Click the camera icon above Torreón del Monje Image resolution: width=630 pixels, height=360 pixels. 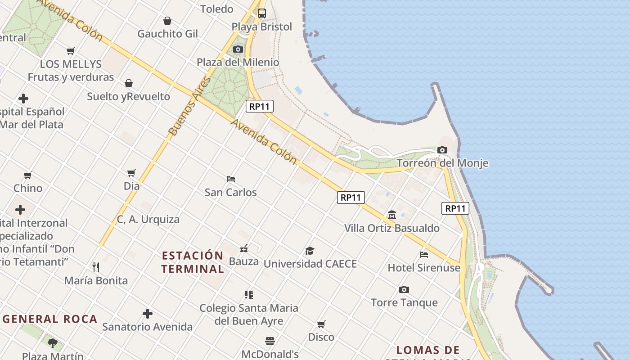(x=442, y=150)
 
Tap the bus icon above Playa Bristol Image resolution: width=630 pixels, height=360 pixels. (x=262, y=13)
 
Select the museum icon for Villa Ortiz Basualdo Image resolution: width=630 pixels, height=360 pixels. (x=392, y=215)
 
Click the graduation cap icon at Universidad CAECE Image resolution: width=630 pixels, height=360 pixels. (x=310, y=251)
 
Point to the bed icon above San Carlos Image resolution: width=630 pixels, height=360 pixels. (x=231, y=179)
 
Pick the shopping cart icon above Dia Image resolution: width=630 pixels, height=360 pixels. (x=131, y=173)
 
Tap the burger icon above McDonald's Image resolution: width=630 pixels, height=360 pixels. (x=270, y=341)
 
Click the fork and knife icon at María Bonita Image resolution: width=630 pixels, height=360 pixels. (x=96, y=267)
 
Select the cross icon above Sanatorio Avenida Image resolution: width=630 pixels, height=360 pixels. (x=148, y=314)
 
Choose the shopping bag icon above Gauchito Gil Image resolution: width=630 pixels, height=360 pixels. (x=167, y=21)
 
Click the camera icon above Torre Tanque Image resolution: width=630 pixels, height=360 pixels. (x=404, y=289)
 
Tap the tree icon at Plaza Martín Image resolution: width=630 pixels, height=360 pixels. (x=53, y=343)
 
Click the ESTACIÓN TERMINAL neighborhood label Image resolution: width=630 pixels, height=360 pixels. (x=193, y=262)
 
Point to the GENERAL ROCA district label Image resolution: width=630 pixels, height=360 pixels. (x=50, y=319)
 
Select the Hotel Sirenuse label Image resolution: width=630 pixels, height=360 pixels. (x=424, y=268)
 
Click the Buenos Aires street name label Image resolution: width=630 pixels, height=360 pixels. (x=189, y=106)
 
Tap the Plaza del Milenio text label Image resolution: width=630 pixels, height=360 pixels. (x=238, y=62)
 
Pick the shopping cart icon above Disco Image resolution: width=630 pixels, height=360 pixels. (x=321, y=324)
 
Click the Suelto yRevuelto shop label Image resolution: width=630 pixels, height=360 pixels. (x=129, y=96)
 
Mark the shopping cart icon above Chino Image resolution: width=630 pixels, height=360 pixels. (x=28, y=175)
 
